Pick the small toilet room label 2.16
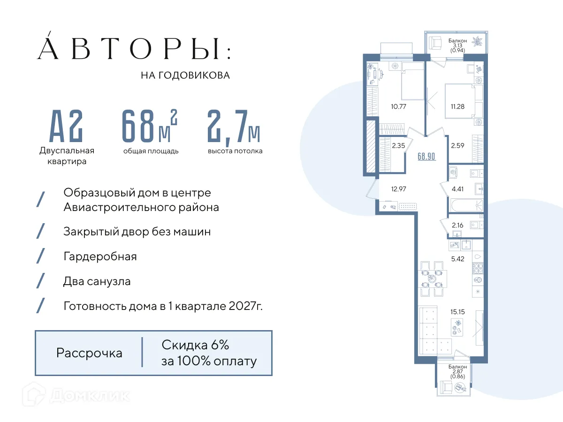click(457, 226)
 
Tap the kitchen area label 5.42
click(457, 258)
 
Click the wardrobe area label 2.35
click(398, 146)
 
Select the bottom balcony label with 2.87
click(457, 371)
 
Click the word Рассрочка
click(89, 353)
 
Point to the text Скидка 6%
click(195, 345)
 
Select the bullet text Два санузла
click(97, 281)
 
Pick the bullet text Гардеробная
click(100, 256)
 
